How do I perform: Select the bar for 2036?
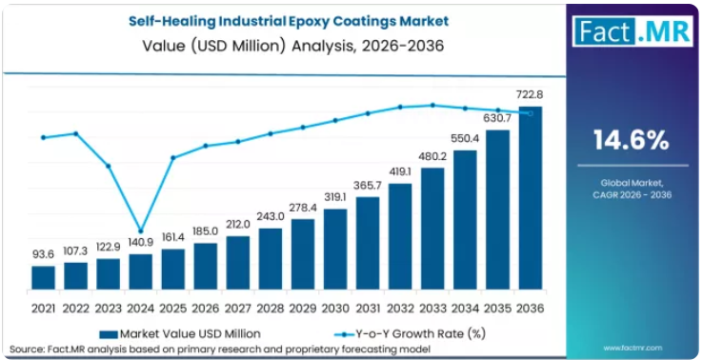[531, 198]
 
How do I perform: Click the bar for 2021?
[43, 277]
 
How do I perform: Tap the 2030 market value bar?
[335, 250]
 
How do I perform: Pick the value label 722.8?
[530, 95]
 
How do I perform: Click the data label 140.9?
[141, 243]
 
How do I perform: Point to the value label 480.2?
[432, 157]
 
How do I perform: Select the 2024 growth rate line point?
[141, 231]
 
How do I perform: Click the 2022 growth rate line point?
[76, 133]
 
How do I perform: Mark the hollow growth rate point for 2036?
[531, 113]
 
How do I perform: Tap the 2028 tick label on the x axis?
[271, 309]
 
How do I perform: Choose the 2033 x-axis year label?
[432, 309]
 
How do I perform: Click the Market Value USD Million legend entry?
[180, 333]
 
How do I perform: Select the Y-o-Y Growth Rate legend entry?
[411, 333]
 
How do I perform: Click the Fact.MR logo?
[633, 30]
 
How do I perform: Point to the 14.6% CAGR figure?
[632, 140]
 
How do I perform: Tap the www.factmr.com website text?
[633, 348]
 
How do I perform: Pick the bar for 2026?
[206, 267]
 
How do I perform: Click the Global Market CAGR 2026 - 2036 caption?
[633, 189]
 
